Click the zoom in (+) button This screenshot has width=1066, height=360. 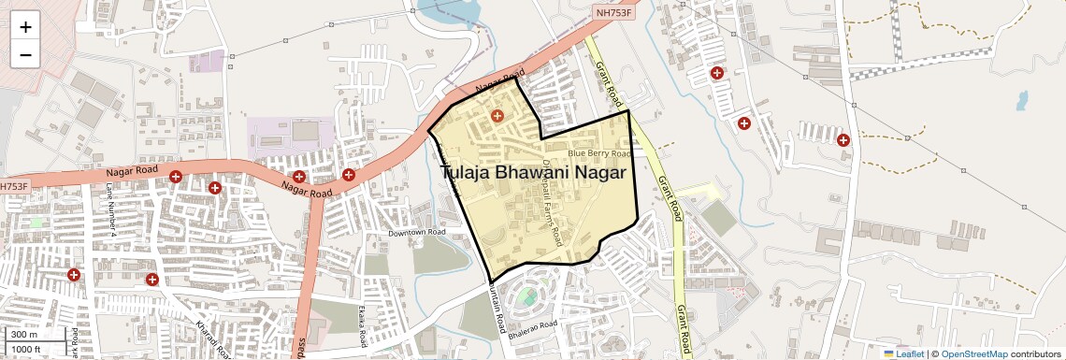pyautogui.click(x=25, y=26)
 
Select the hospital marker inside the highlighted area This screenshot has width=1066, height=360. pyautogui.click(x=497, y=116)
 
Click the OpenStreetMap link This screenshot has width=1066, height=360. pyautogui.click(x=973, y=353)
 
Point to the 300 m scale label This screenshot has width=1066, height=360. pyautogui.click(x=25, y=335)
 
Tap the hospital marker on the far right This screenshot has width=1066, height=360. pyautogui.click(x=843, y=140)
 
